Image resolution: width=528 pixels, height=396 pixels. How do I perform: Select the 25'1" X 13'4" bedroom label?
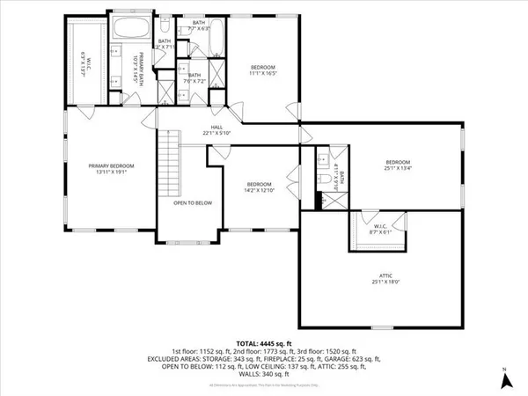pyautogui.click(x=398, y=165)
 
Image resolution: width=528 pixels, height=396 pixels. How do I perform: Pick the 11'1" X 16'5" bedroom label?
pyautogui.click(x=262, y=70)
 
